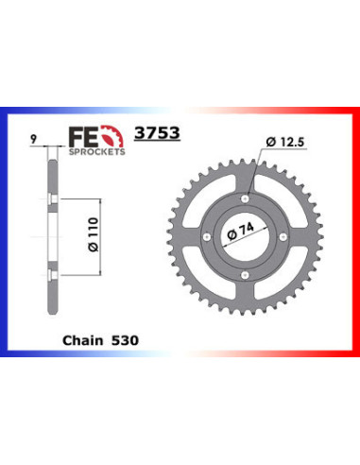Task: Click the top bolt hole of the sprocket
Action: [245, 198]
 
